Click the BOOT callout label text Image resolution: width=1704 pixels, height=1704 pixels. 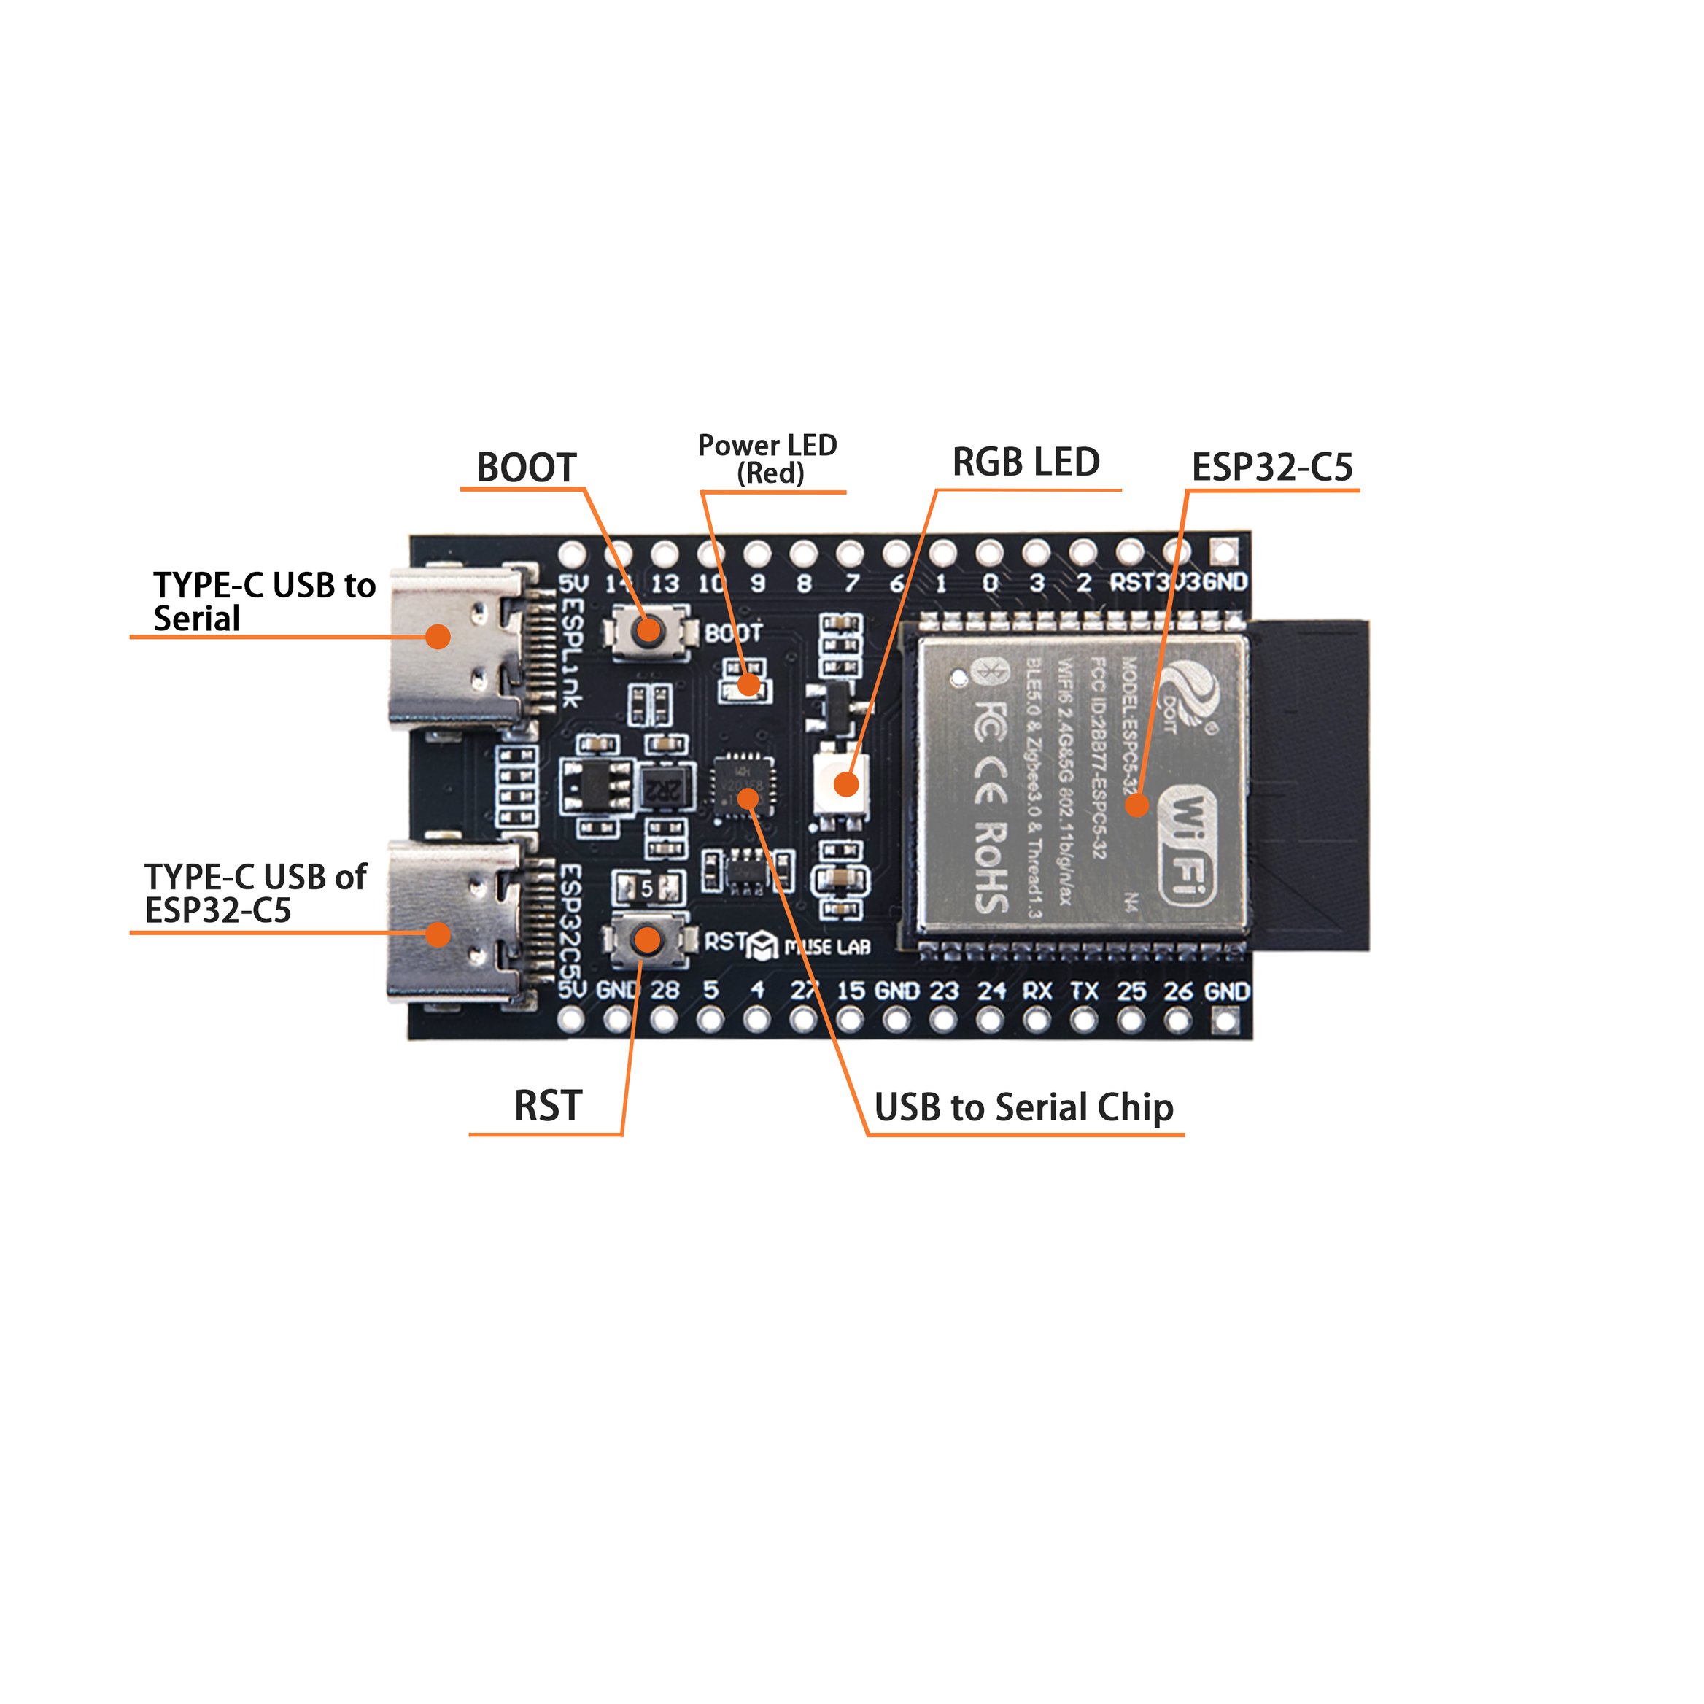[x=526, y=468]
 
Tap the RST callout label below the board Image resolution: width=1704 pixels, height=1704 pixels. [x=548, y=1106]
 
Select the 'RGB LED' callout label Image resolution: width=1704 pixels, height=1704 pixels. [x=1026, y=462]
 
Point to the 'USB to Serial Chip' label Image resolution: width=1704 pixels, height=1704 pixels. [x=1023, y=1108]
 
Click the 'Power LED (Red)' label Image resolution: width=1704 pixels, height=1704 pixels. [x=767, y=459]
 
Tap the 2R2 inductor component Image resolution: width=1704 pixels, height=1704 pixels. [x=662, y=790]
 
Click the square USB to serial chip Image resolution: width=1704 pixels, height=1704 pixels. [x=743, y=784]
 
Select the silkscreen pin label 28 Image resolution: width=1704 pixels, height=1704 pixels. [x=665, y=990]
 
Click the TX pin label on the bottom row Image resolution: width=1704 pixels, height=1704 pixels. [x=1084, y=991]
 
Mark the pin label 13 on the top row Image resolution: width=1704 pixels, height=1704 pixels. [x=665, y=583]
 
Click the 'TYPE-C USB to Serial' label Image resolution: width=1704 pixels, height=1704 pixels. [x=264, y=602]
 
